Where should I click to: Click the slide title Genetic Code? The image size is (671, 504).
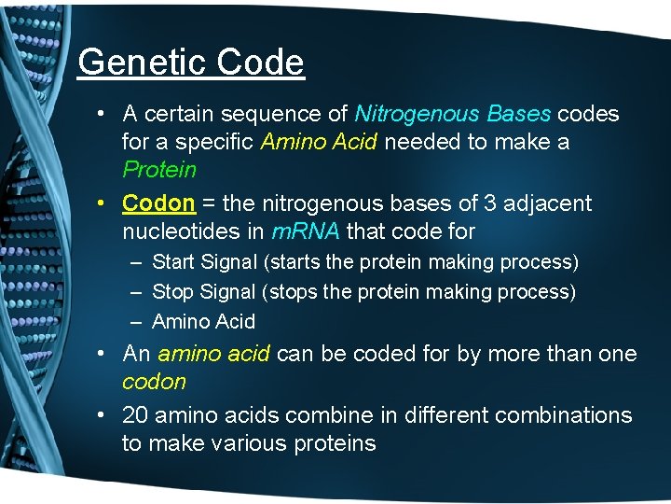tap(191, 63)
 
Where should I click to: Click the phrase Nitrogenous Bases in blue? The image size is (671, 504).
tap(453, 114)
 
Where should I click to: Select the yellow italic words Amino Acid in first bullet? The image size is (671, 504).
tap(319, 142)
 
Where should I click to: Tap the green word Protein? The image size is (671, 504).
tap(159, 170)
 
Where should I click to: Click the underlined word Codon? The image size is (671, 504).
tap(158, 203)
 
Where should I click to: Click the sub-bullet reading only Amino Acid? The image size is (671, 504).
tap(202, 322)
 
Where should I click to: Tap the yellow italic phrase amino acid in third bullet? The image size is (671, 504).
tap(213, 354)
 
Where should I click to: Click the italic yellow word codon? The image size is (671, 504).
tap(154, 382)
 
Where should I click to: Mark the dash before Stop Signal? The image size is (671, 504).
tap(135, 291)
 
